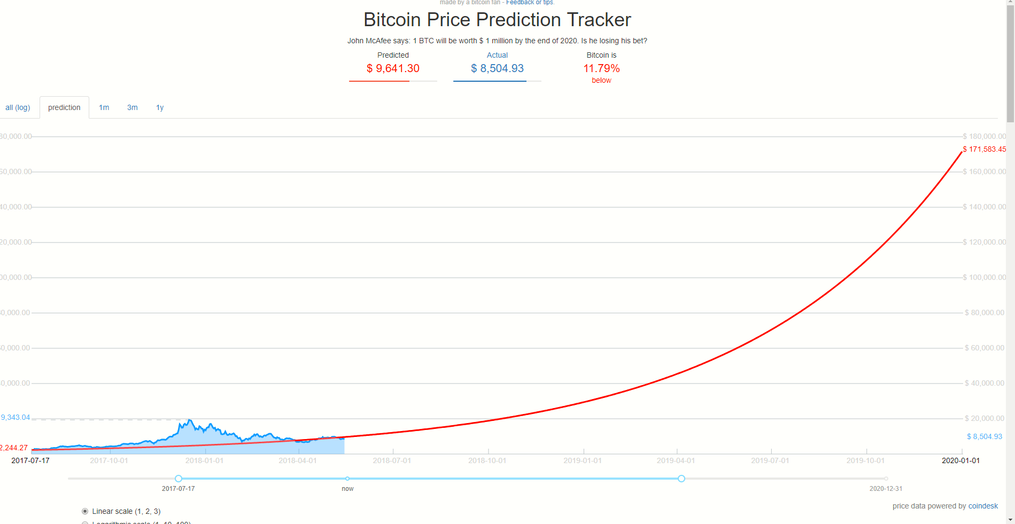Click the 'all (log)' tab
point(18,107)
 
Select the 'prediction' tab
point(64,107)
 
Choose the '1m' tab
point(104,107)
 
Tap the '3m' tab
point(132,107)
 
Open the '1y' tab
point(160,107)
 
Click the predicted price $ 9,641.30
point(393,68)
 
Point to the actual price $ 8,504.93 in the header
point(497,68)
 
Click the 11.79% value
point(601,68)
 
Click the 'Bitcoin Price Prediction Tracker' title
point(497,20)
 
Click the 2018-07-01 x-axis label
point(392,460)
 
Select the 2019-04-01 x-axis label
point(676,460)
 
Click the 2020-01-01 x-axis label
point(960,460)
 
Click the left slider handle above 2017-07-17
point(179,479)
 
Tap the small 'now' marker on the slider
point(347,479)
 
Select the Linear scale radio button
point(85,511)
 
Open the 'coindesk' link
point(983,506)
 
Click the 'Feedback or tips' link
point(530,3)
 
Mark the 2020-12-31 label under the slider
point(886,488)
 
